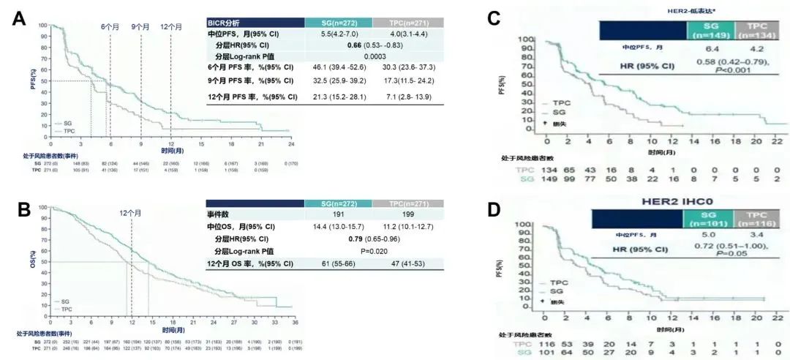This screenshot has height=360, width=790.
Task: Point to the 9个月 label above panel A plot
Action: pos(140,28)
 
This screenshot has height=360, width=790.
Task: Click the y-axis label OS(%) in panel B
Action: pos(33,262)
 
